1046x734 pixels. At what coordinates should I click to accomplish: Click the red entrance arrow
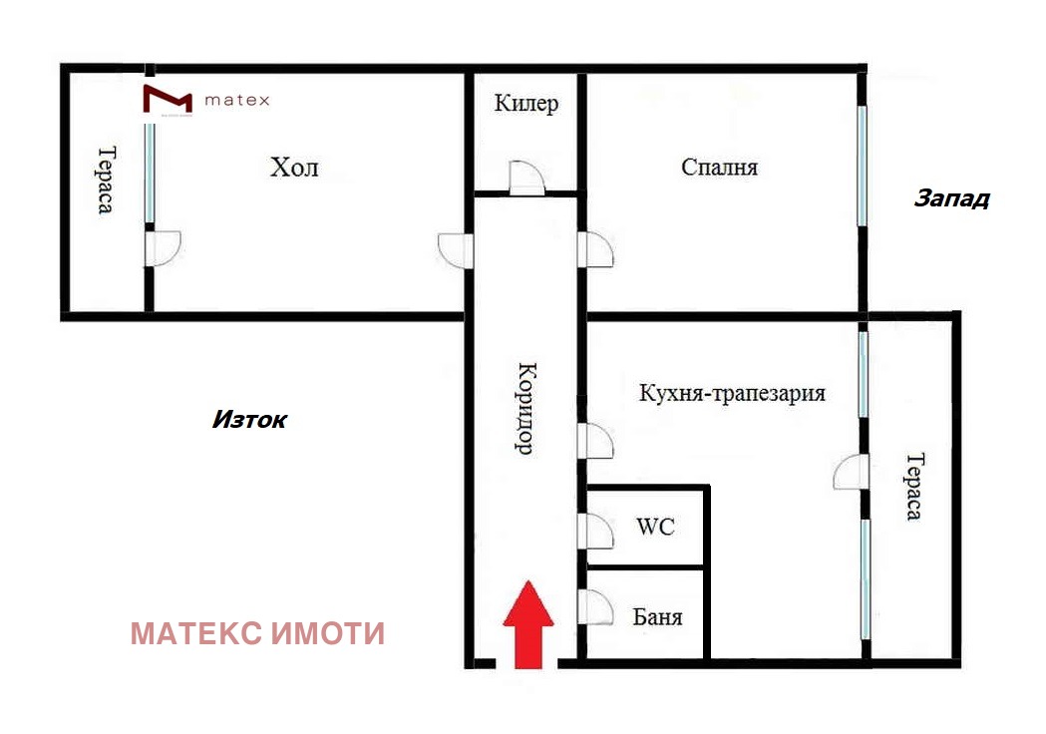(526, 625)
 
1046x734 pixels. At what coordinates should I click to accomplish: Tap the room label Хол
(294, 167)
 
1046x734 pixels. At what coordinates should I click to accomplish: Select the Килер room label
(526, 104)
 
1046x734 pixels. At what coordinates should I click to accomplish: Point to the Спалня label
(719, 167)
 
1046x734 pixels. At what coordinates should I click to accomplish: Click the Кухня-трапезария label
(732, 393)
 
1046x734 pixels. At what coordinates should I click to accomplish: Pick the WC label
(655, 526)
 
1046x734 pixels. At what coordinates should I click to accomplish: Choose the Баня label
(657, 616)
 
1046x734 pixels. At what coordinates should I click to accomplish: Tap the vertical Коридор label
(525, 407)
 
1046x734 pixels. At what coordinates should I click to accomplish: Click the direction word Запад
(951, 198)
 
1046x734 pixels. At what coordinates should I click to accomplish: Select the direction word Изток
(248, 420)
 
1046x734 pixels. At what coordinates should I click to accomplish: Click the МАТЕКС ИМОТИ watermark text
(257, 633)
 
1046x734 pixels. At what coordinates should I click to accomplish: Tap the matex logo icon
(167, 100)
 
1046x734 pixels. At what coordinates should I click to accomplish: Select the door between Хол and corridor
(455, 249)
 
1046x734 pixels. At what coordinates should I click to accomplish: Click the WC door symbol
(595, 531)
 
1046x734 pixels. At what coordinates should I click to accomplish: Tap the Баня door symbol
(595, 607)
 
